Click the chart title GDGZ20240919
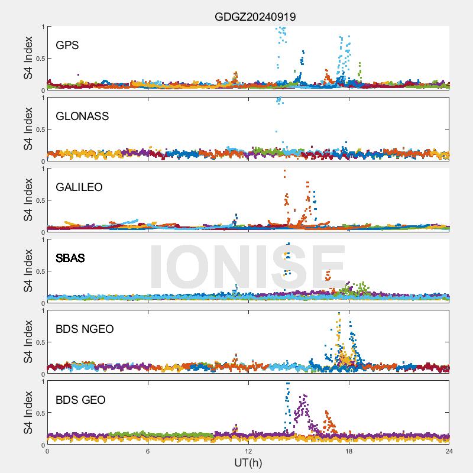coord(255,17)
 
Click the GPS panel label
coord(67,46)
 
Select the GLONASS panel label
coord(82,116)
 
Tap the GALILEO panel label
coord(79,187)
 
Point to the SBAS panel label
coord(70,258)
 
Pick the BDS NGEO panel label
coord(85,329)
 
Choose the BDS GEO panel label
coord(80,400)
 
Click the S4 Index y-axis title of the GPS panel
coord(28,58)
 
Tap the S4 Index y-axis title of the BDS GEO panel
coord(28,413)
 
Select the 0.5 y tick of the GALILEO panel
coord(40,200)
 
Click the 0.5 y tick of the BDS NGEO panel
coord(40,342)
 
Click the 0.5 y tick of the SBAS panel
coord(40,271)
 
